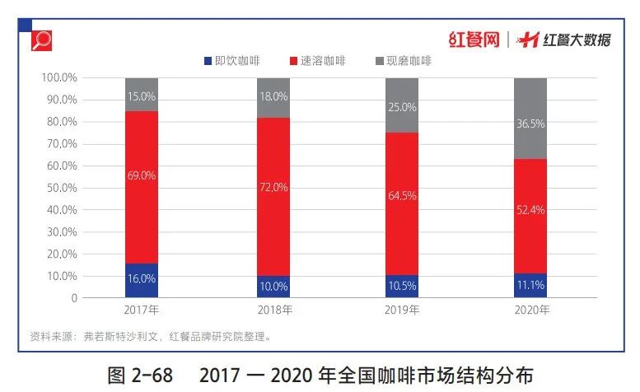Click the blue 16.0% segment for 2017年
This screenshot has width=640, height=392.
pyautogui.click(x=142, y=280)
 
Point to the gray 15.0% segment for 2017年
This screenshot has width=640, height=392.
pyautogui.click(x=142, y=95)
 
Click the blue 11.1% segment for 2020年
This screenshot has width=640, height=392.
pyautogui.click(x=530, y=285)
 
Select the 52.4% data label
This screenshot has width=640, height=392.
pyautogui.click(x=530, y=210)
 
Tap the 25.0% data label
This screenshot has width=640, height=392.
pyautogui.click(x=401, y=107)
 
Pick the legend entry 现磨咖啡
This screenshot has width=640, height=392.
pyautogui.click(x=407, y=61)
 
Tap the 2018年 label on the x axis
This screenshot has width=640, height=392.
pyautogui.click(x=273, y=310)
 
